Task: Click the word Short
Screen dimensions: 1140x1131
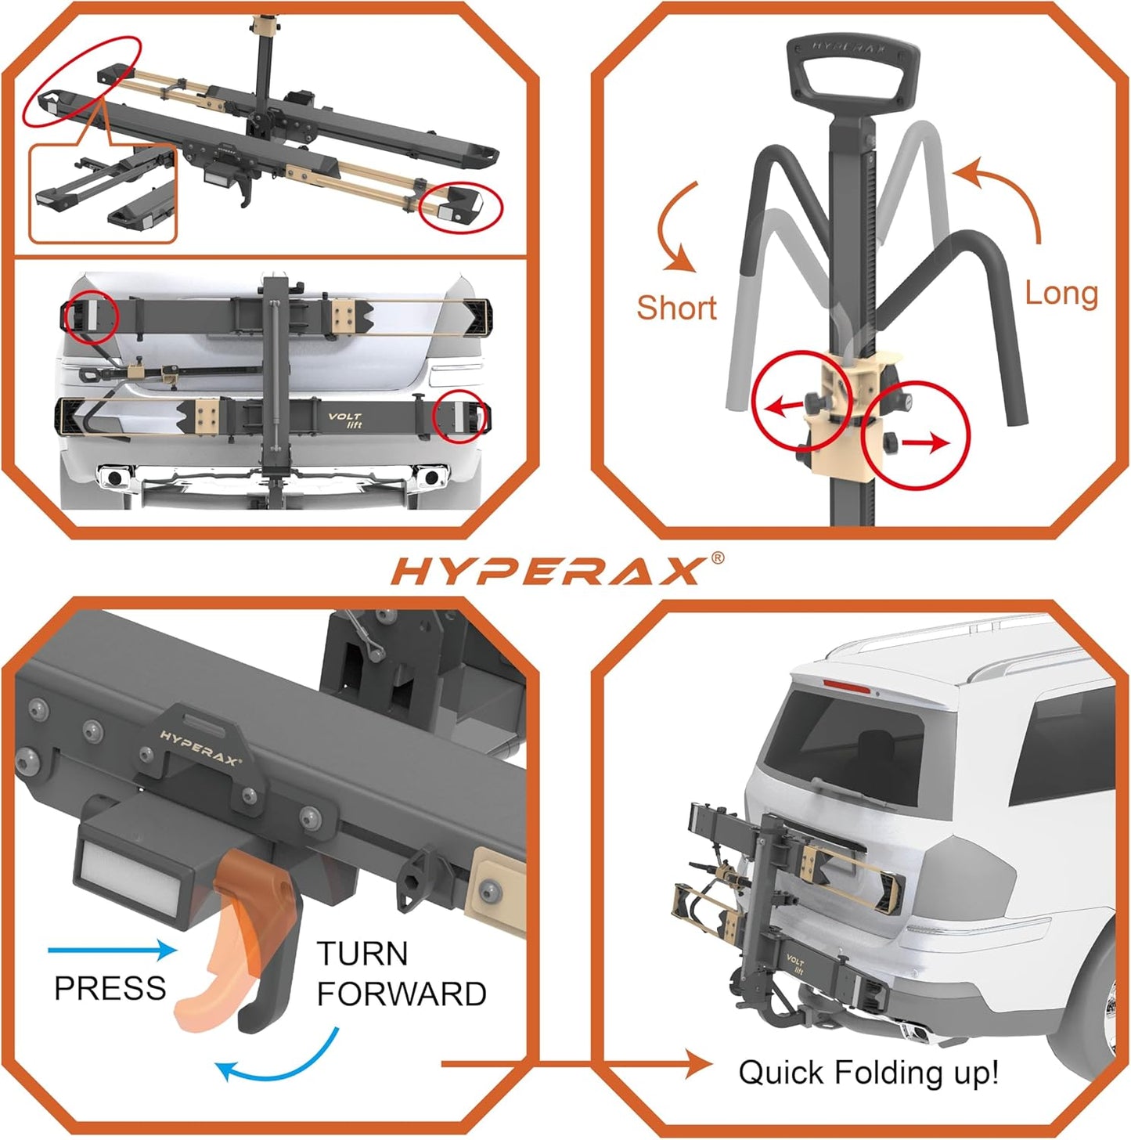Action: [676, 308]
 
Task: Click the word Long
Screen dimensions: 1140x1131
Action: [1061, 294]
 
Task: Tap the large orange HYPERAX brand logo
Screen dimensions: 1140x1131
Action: [546, 572]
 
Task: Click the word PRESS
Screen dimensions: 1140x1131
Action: [110, 988]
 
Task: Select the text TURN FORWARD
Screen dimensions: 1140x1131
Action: [401, 974]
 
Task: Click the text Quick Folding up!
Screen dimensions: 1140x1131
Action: [868, 1072]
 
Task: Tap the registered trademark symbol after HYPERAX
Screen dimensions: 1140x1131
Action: [717, 558]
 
